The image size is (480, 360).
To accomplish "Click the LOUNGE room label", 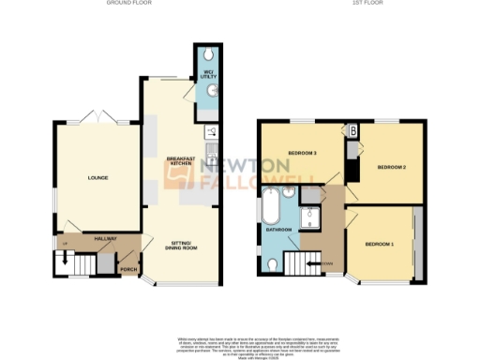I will coord(97,177).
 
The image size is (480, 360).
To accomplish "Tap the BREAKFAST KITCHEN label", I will coord(182,160).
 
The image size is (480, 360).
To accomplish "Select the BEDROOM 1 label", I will coord(379,244).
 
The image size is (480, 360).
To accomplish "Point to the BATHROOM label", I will coord(277,229).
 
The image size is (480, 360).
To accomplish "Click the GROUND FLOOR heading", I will coord(129,4).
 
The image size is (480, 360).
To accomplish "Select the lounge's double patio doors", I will coord(97,118).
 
